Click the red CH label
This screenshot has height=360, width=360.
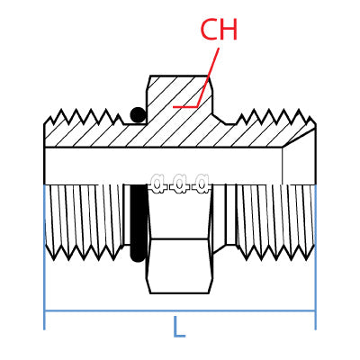click(x=219, y=30)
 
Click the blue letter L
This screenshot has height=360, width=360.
click(x=178, y=328)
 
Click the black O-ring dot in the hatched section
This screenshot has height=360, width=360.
click(x=138, y=114)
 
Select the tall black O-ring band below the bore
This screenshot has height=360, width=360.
click(x=138, y=222)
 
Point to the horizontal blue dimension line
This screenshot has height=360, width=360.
click(x=108, y=311)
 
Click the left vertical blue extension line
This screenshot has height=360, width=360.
click(x=44, y=270)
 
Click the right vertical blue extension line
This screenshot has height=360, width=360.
click(x=315, y=270)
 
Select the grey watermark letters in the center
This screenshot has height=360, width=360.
click(x=180, y=184)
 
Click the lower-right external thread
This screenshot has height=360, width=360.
click(x=274, y=220)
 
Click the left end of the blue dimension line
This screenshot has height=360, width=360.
click(x=46, y=311)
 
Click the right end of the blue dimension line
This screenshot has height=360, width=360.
click(x=314, y=311)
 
